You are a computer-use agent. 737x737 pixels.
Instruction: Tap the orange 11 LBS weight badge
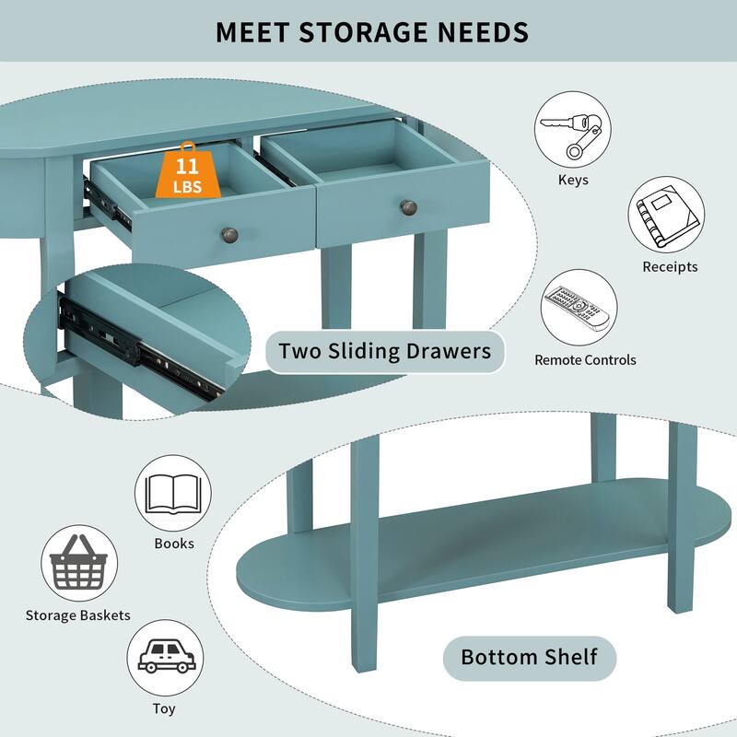pos(188,170)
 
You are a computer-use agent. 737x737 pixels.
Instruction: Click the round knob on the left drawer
pos(229,235)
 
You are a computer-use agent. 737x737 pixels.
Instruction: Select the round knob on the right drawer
pos(408,207)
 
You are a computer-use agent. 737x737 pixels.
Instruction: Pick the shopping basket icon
pos(79,563)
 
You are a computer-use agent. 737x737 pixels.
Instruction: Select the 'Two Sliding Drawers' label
pos(385,352)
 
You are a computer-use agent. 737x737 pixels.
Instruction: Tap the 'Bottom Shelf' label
pos(529,658)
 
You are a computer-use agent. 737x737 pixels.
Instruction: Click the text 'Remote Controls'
pos(585,360)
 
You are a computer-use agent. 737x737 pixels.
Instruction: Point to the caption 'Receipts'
pos(670,267)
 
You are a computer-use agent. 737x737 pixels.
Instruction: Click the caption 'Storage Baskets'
pos(78,615)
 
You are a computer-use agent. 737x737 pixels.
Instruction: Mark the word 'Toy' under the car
pos(164,708)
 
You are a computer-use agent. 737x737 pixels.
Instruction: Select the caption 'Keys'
pos(573,180)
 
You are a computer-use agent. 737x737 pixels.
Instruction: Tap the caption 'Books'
pos(174,544)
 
